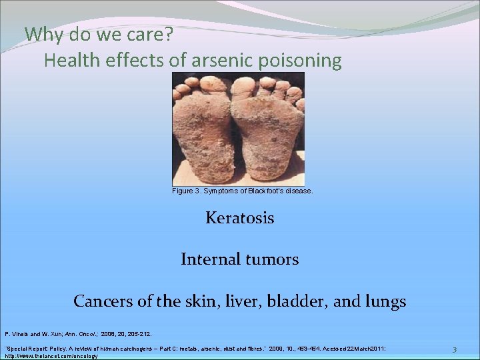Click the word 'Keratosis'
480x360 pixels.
[239, 218]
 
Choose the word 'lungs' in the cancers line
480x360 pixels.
[384, 302]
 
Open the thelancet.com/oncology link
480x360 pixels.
[51, 356]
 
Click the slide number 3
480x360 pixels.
[454, 350]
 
